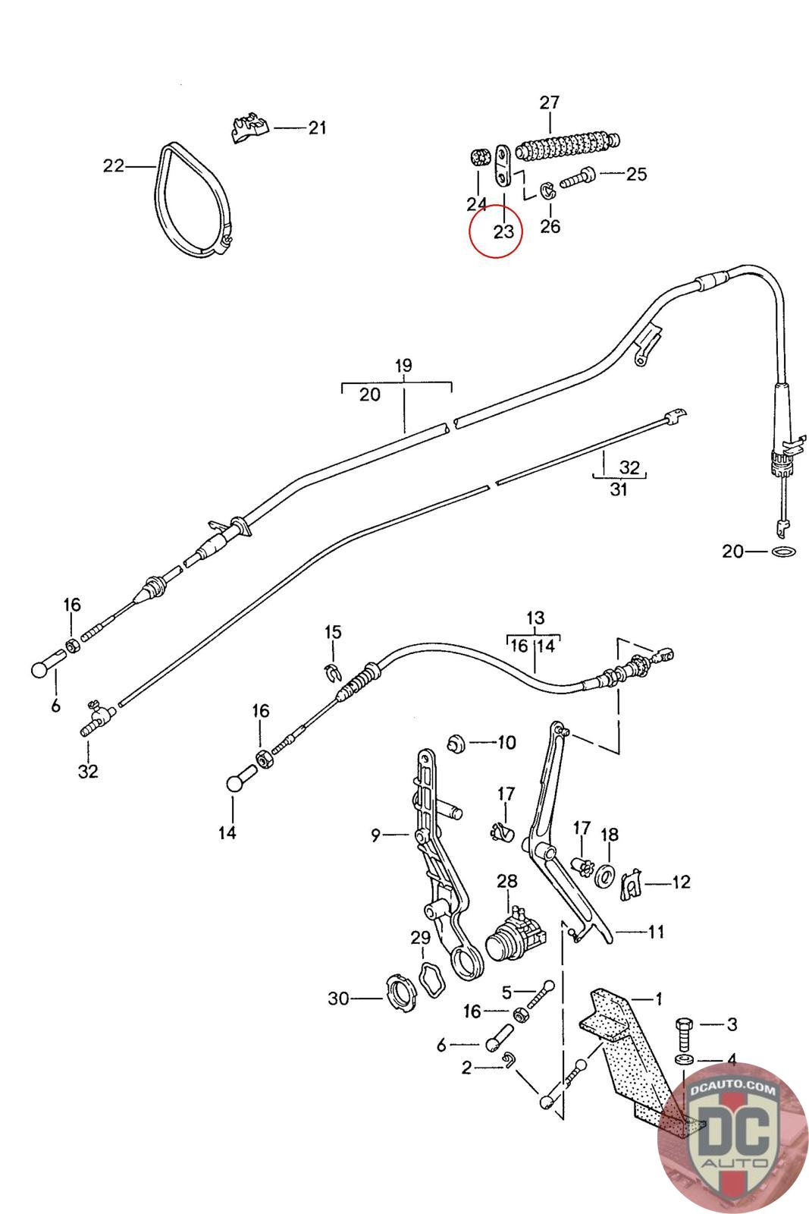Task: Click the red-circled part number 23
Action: pos(503,231)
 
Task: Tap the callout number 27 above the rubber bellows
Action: pos(549,102)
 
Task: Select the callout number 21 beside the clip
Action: pos(317,127)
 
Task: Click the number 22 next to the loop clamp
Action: pos(114,165)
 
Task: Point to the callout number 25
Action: pos(636,174)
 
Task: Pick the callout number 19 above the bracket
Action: pos(403,366)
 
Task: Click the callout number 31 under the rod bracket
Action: pos(619,490)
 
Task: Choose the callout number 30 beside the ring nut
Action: pos(338,998)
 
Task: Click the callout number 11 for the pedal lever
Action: pos(656,931)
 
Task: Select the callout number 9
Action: pos(375,835)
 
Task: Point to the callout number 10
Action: pos(506,741)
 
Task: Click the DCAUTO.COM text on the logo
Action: pos(733,1090)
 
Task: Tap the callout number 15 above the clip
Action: pos(333,632)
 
